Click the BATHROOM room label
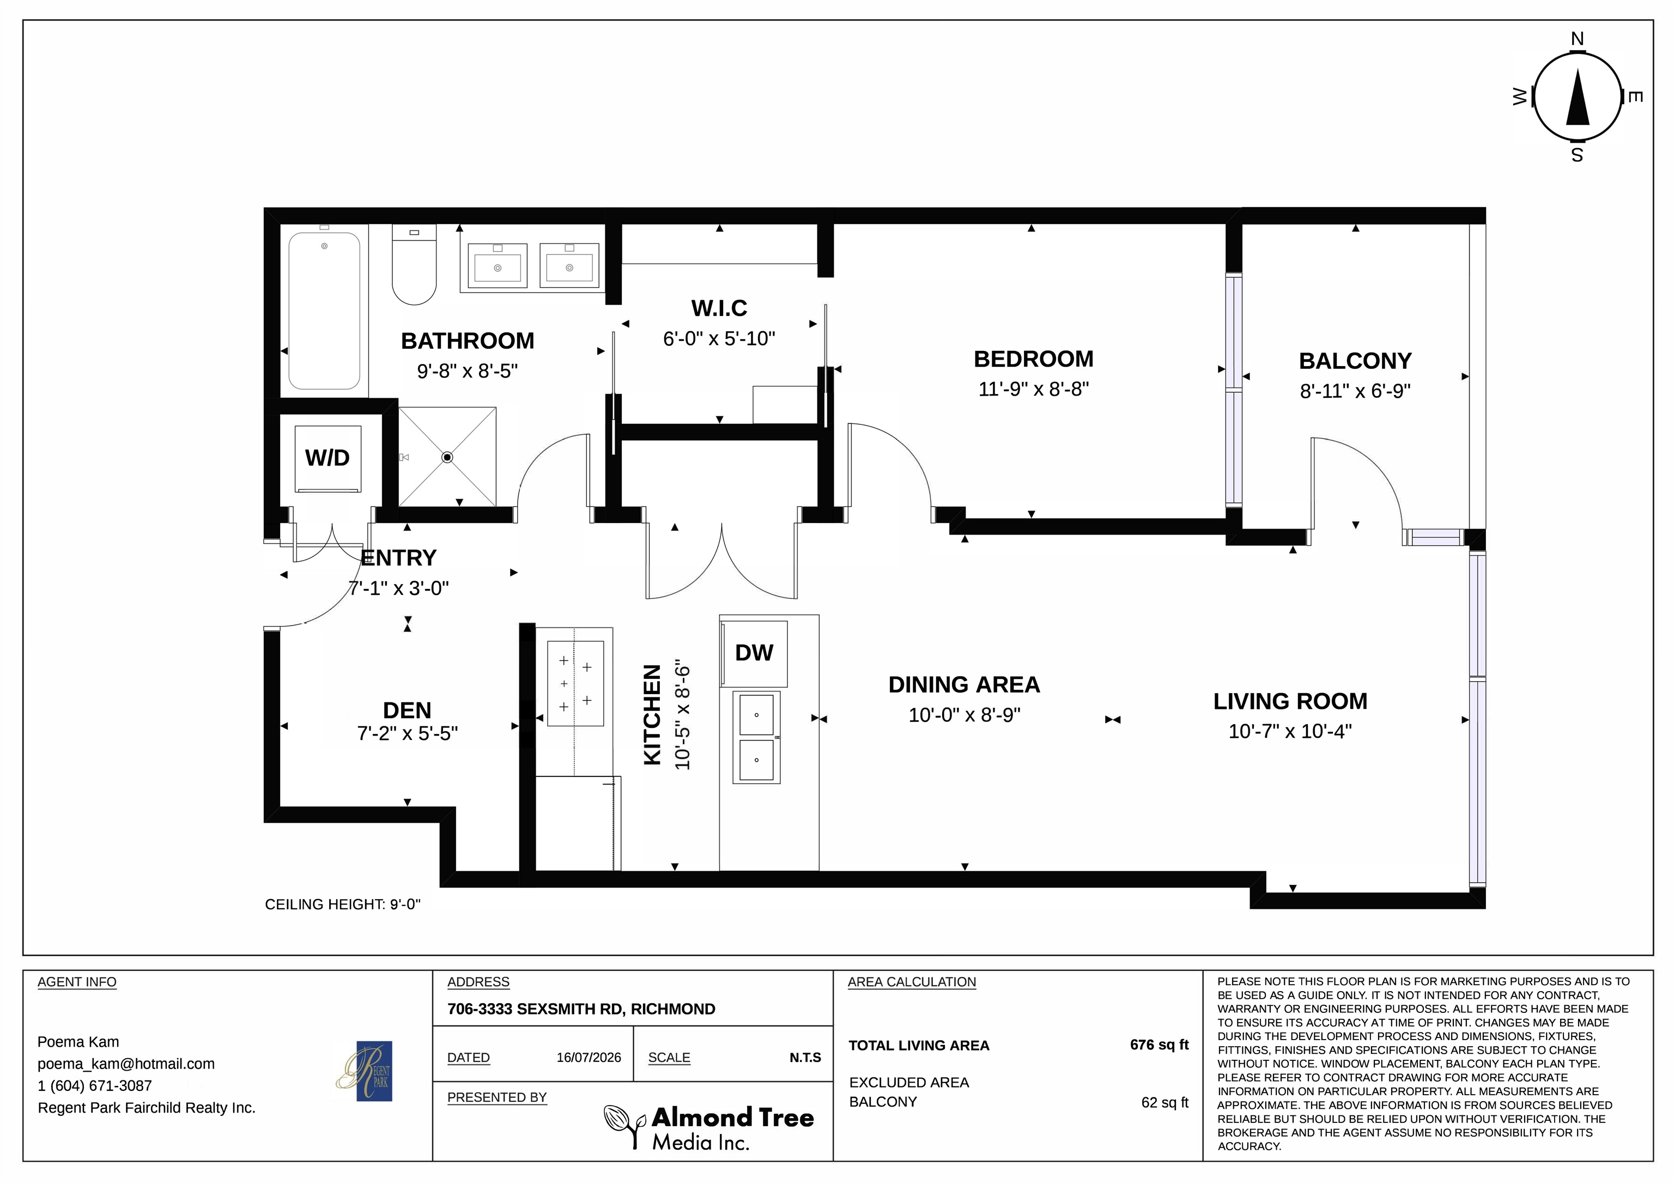(468, 341)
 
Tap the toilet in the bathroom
(414, 264)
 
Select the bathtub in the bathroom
(324, 311)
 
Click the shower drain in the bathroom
(448, 457)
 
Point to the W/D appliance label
(327, 458)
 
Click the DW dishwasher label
(754, 653)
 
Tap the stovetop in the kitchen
(575, 683)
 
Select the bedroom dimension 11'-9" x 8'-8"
(1033, 390)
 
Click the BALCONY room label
(1355, 361)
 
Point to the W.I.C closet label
(720, 308)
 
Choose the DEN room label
(407, 710)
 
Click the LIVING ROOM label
(1290, 701)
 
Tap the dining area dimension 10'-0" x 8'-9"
(965, 715)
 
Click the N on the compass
(1577, 39)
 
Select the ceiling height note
(343, 905)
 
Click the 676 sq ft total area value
(1159, 1045)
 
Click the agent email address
(126, 1064)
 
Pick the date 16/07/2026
(589, 1057)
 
